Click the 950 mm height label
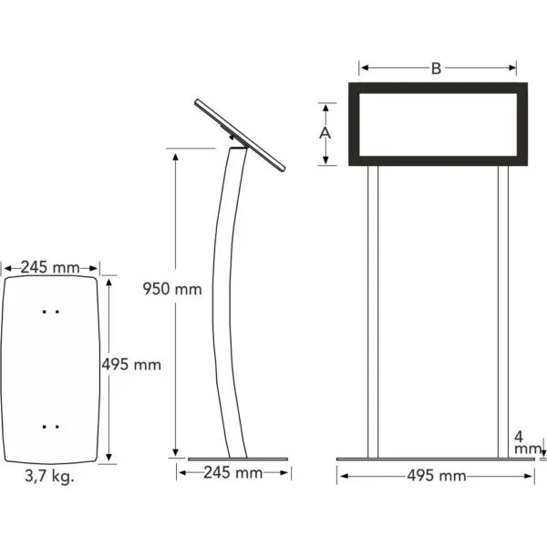[171, 290]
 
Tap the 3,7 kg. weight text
[52, 477]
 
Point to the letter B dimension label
[437, 68]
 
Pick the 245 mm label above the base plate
[51, 268]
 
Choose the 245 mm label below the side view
[232, 473]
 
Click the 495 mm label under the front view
[436, 476]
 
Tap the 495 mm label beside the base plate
[130, 365]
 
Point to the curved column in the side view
[223, 301]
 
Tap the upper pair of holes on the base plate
[52, 312]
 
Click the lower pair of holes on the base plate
[52, 425]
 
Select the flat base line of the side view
[237, 459]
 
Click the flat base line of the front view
[436, 459]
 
